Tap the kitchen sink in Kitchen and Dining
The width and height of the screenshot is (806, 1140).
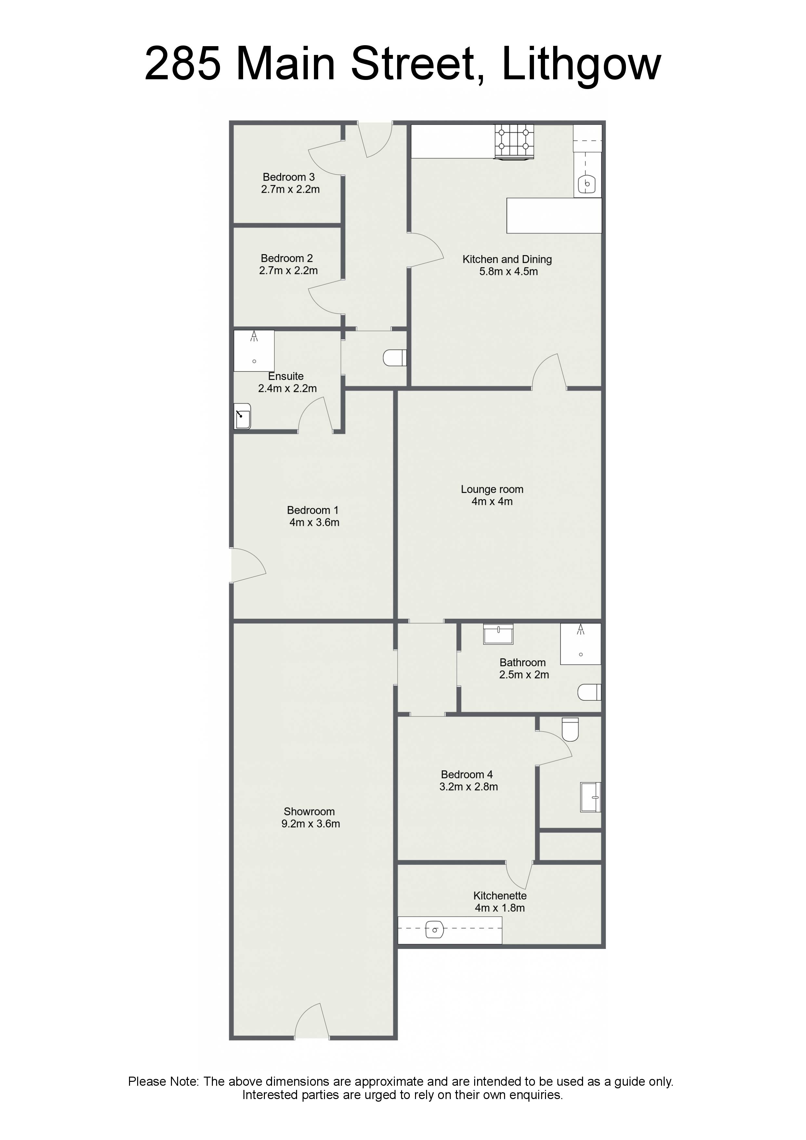point(587,184)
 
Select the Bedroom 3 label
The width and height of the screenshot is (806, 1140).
point(289,177)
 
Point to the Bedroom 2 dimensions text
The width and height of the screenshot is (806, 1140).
point(289,271)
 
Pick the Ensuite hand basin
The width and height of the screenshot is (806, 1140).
point(242,416)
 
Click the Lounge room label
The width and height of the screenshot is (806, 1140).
point(492,489)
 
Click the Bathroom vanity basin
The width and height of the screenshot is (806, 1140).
point(498,634)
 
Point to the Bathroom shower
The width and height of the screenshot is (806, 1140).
point(580,644)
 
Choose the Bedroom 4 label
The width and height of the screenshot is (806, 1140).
point(467,774)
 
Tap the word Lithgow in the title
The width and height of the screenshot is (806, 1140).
point(581,65)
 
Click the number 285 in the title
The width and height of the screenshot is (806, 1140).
point(183,64)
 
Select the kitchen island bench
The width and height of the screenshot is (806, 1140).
point(554,215)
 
